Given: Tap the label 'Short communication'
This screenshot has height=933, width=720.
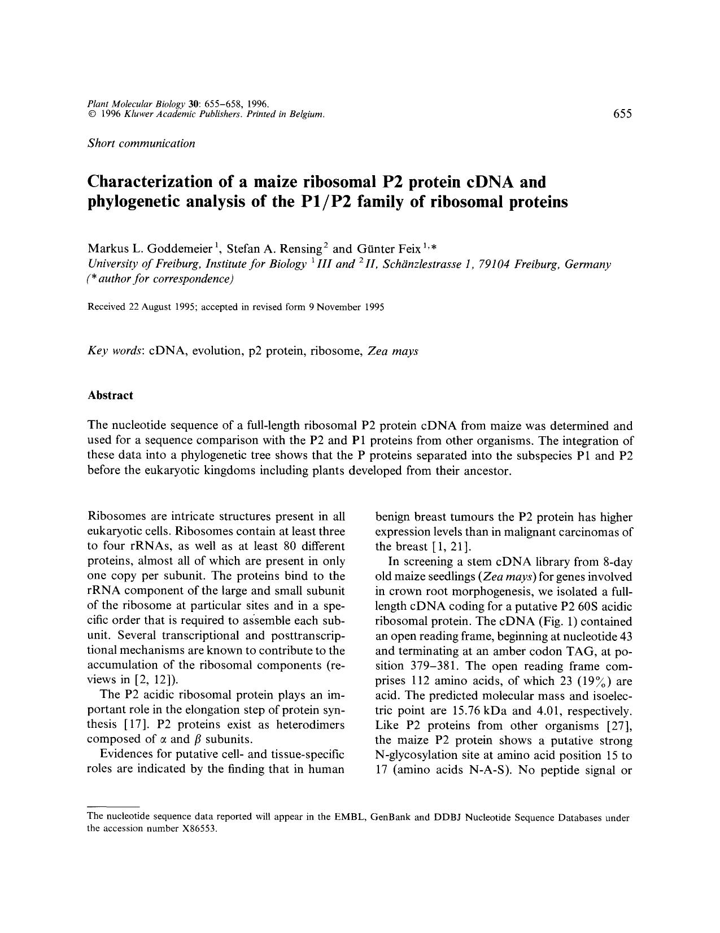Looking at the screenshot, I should pyautogui.click(x=141, y=143).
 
